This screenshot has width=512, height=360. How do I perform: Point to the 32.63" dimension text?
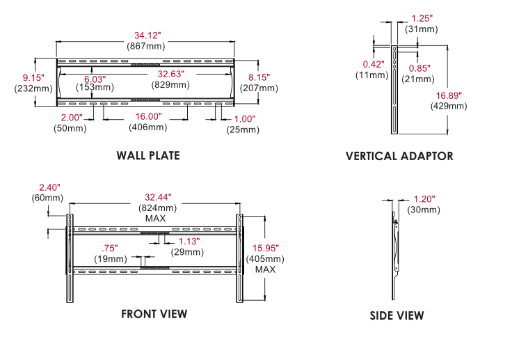[173, 74]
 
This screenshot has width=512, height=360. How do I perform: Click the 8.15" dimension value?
[259, 77]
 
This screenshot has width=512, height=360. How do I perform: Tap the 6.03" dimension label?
[95, 79]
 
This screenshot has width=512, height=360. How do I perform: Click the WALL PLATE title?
[148, 155]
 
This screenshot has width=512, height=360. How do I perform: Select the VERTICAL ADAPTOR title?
[399, 156]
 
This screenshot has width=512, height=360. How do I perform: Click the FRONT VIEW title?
[154, 314]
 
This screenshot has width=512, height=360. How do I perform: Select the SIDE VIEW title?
[397, 316]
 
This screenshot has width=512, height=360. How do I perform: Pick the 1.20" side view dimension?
[423, 198]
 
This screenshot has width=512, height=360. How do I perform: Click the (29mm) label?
[189, 251]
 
